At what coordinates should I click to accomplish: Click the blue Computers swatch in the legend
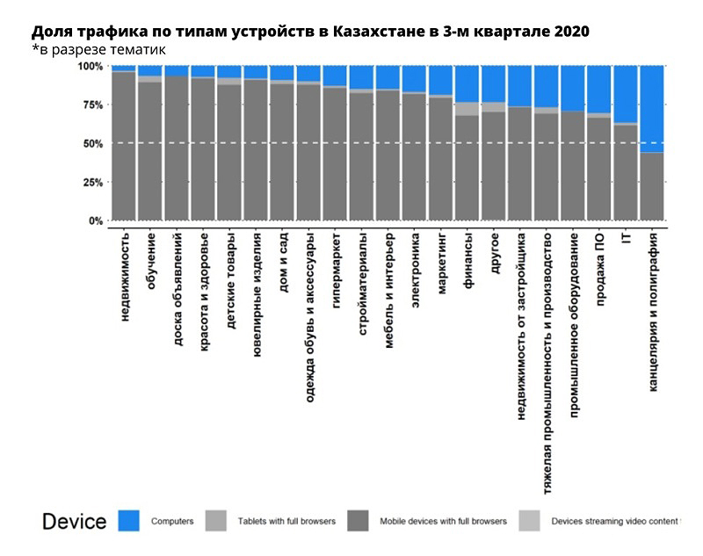tap(127, 521)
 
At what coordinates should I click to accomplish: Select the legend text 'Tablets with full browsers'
tap(286, 521)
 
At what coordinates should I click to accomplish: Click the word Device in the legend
tap(74, 522)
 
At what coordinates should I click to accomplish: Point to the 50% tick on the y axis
tap(91, 143)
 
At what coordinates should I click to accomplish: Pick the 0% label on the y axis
tap(94, 221)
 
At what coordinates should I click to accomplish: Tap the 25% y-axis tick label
tap(91, 183)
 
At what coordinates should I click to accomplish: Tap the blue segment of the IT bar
tap(627, 93)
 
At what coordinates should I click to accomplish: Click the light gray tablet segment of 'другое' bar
tap(494, 107)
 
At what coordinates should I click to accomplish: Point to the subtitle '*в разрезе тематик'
tap(98, 49)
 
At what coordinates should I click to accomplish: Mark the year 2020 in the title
tap(572, 32)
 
